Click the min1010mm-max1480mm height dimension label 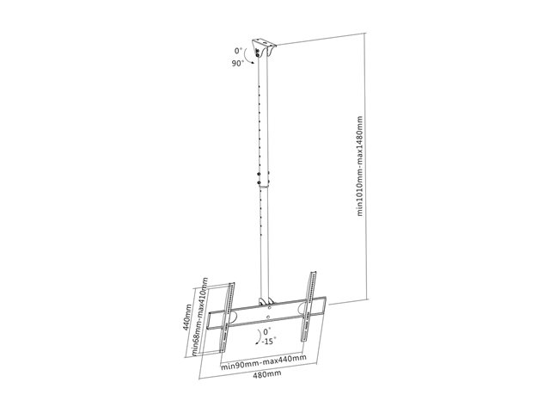(360, 166)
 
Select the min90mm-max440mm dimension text (264, 362)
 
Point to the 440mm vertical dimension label (187, 317)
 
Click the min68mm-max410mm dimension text (200, 317)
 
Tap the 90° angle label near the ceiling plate (238, 63)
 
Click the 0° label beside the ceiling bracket (239, 51)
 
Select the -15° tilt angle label (268, 341)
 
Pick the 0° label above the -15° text (267, 331)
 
